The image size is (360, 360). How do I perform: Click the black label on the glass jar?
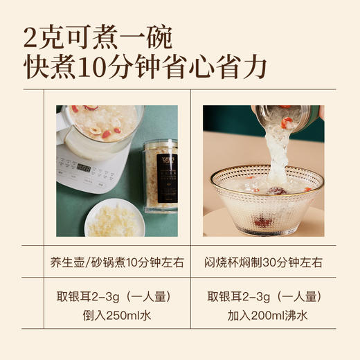tap(166, 181)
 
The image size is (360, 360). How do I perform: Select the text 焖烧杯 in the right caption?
tap(222, 262)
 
